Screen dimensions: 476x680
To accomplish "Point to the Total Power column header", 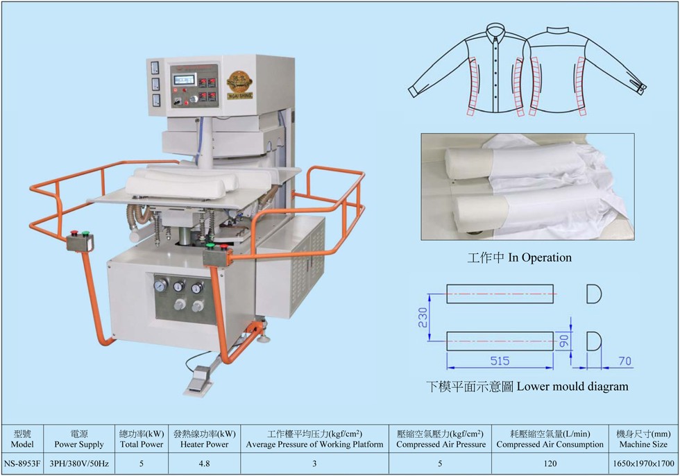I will pos(142,439).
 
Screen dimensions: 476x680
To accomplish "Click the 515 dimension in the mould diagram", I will pos(500,361).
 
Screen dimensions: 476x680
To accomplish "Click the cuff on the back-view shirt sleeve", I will pos(640,87).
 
